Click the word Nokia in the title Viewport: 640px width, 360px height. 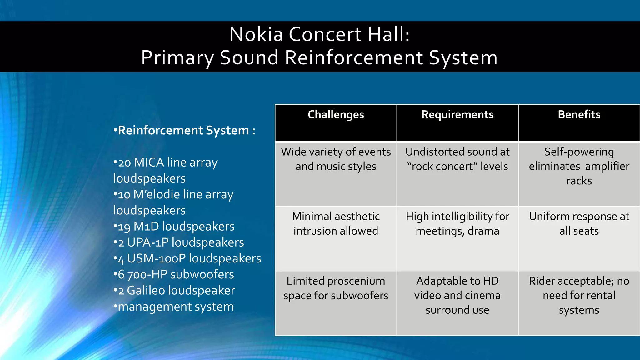pos(256,34)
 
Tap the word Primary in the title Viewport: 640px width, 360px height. pos(177,58)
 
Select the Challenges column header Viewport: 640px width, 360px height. pos(336,115)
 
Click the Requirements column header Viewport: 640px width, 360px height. pos(457,115)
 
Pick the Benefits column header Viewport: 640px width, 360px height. pos(579,115)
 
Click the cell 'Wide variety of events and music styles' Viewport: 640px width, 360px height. pos(336,159)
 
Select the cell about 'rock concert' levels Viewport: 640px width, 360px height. pos(457,159)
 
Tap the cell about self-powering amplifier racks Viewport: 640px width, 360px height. pos(579,166)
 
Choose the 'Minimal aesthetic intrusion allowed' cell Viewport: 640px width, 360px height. pos(336,224)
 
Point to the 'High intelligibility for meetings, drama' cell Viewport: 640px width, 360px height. pos(457,224)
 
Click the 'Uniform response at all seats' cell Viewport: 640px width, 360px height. pos(579,224)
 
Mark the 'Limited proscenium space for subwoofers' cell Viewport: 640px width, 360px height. pos(336,288)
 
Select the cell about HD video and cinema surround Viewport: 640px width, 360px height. pos(457,296)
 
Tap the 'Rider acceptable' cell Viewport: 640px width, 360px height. pos(579,296)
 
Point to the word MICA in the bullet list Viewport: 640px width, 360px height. pos(148,163)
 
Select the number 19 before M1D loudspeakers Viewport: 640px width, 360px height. pos(124,227)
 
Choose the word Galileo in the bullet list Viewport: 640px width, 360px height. pos(146,291)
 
